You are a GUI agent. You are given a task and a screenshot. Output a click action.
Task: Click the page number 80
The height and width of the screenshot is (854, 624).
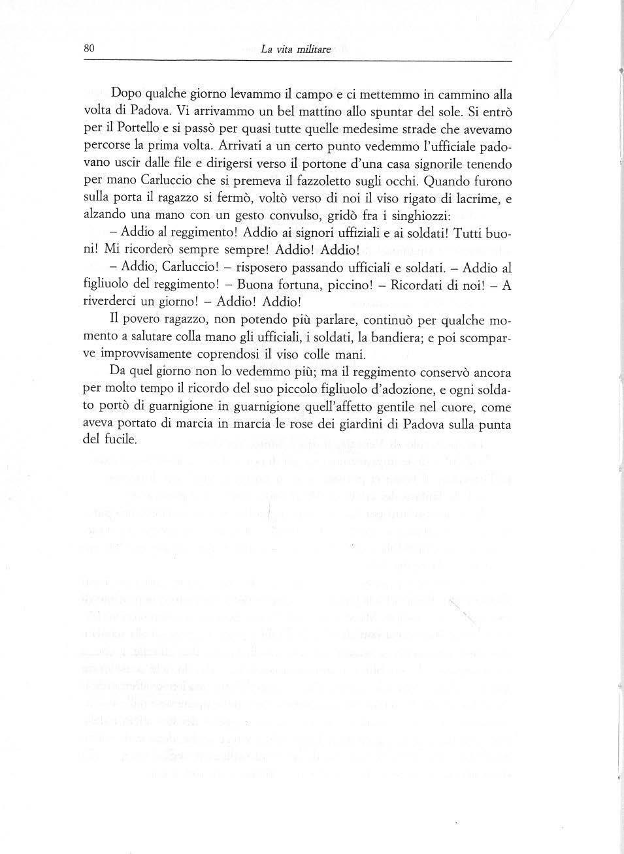coord(90,48)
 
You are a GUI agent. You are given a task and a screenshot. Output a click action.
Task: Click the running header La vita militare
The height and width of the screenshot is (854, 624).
coord(295,49)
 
